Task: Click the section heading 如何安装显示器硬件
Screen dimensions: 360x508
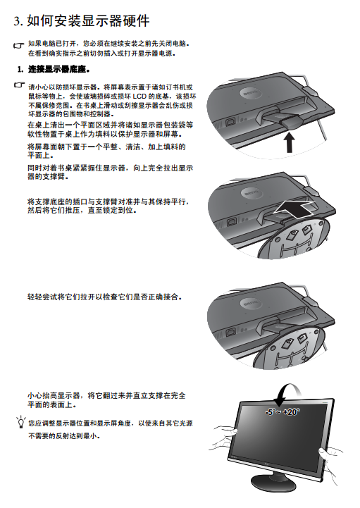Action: click(88, 20)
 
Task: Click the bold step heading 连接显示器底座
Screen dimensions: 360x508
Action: click(58, 69)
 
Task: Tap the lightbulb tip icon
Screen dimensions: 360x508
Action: click(21, 421)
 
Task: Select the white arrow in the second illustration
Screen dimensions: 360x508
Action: click(295, 209)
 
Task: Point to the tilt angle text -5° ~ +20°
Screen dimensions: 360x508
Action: click(283, 411)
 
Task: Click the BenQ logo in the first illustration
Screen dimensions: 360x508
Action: click(250, 93)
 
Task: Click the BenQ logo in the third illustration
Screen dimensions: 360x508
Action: click(250, 304)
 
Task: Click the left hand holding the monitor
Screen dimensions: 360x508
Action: click(225, 437)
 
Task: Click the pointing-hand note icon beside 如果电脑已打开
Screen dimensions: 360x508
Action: click(19, 45)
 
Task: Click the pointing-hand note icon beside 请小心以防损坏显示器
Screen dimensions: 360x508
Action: click(20, 85)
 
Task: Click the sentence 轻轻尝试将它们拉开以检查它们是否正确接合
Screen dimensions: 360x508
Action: click(104, 297)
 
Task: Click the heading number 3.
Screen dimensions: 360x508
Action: click(18, 21)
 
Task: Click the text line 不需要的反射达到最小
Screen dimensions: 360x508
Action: click(64, 435)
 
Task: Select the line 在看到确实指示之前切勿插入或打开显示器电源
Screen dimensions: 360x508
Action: click(102, 54)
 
